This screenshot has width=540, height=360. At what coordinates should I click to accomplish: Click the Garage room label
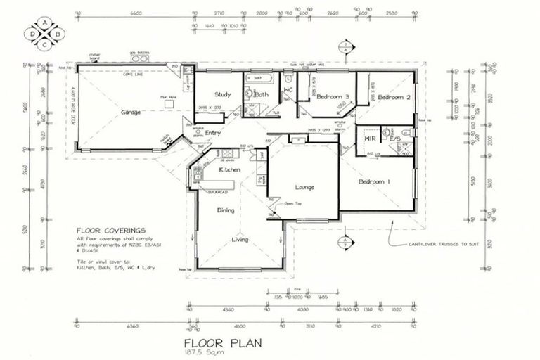[x=131, y=112]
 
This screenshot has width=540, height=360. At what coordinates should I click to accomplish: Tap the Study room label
[x=224, y=94]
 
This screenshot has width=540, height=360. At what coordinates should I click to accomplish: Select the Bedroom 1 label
[x=374, y=182]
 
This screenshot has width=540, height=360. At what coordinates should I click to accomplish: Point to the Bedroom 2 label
[x=393, y=97]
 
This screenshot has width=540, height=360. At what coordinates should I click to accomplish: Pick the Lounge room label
[x=304, y=188]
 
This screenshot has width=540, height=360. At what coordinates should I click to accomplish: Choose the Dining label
[x=226, y=210]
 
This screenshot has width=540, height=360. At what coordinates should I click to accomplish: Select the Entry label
[x=213, y=132]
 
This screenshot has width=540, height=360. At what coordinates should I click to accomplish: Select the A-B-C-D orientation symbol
[x=44, y=33]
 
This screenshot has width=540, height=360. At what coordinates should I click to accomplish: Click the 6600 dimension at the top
[x=136, y=13]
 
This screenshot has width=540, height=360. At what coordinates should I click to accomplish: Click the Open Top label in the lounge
[x=292, y=203]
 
